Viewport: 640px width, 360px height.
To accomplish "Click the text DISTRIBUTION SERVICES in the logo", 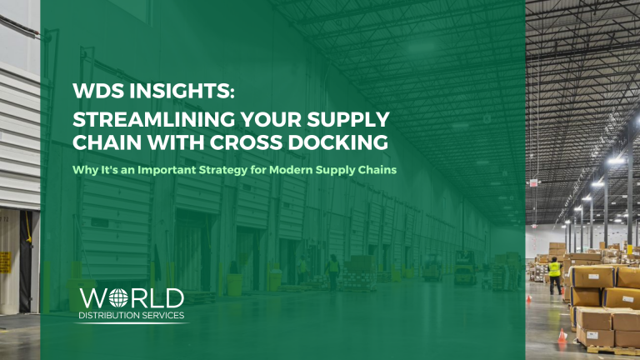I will pos(131,316).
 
